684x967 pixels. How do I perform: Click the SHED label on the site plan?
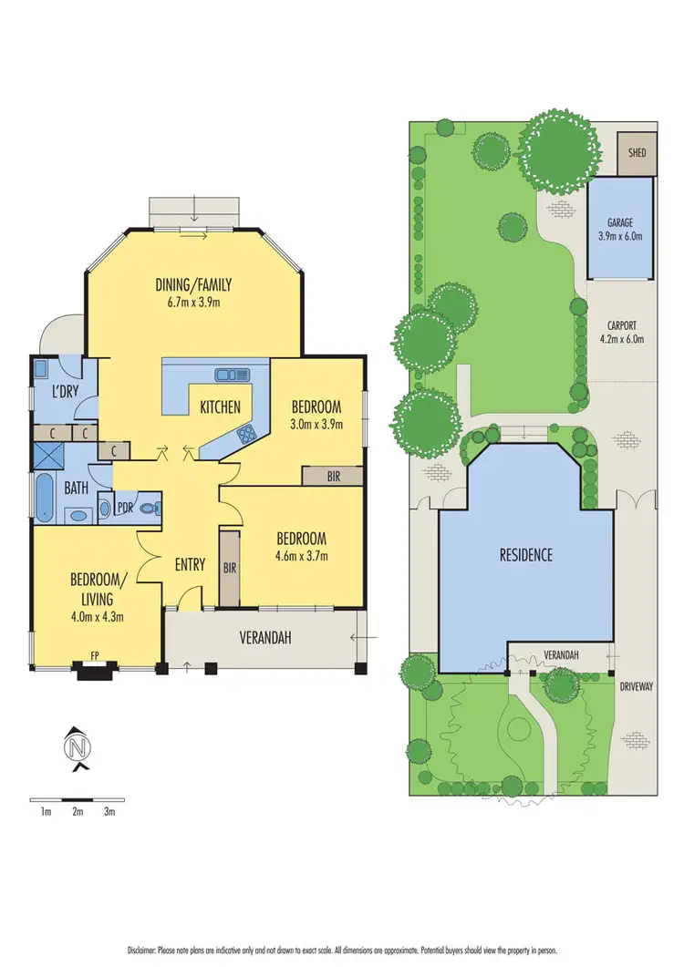coord(637,153)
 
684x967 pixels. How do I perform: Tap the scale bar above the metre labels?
coord(77,797)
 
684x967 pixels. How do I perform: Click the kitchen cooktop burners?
coord(245,434)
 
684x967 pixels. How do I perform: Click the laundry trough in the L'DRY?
coord(42,369)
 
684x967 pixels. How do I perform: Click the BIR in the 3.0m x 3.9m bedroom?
coord(333,476)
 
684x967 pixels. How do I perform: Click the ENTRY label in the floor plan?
coord(189,564)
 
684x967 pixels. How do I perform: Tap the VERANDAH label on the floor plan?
coord(265,639)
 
